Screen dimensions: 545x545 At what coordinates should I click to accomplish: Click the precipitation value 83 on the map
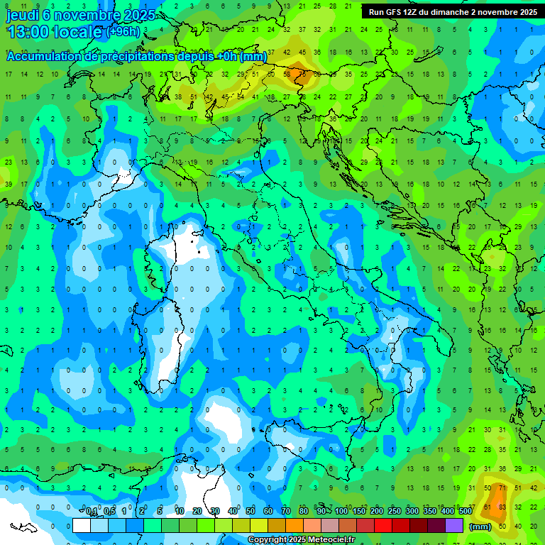click(502, 507)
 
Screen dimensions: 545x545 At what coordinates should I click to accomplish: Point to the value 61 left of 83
click(487, 507)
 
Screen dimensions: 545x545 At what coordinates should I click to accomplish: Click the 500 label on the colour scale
click(466, 512)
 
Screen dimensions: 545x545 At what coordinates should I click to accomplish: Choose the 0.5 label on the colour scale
click(109, 512)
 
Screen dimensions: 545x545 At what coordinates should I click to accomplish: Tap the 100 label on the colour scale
click(341, 512)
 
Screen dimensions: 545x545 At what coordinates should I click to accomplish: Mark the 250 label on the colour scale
click(395, 512)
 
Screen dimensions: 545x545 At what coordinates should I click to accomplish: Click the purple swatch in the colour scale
click(454, 525)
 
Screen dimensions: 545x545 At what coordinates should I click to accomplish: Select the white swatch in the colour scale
click(82, 525)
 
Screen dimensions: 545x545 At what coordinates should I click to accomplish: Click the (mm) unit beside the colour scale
click(480, 526)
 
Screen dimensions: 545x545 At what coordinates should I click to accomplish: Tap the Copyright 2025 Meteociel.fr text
click(302, 540)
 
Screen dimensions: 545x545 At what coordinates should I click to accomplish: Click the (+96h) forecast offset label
click(123, 32)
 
